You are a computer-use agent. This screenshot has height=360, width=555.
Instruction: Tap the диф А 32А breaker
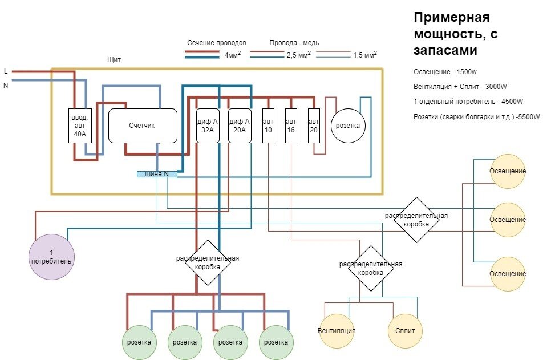[208, 126]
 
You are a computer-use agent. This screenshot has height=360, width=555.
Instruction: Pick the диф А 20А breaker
[240, 126]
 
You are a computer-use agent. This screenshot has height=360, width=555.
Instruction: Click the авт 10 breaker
[268, 126]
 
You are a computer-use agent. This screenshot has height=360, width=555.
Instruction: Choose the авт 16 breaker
[291, 126]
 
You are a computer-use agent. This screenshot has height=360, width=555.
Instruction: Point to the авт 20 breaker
[313, 126]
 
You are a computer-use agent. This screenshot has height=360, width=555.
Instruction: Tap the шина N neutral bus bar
[157, 174]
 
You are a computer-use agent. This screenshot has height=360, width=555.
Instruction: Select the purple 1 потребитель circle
[52, 257]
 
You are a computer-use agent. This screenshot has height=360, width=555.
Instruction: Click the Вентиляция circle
[337, 331]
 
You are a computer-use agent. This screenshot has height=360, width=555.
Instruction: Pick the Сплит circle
[405, 331]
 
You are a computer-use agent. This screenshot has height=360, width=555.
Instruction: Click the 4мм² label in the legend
[232, 55]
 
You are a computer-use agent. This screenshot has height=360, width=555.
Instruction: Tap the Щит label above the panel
[114, 60]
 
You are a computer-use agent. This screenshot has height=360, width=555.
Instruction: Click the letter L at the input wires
[6, 71]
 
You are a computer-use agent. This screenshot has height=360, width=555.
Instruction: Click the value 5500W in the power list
[525, 117]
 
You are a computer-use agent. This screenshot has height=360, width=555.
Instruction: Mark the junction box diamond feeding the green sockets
[207, 262]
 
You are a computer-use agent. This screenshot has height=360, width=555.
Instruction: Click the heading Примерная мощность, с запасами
[456, 34]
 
